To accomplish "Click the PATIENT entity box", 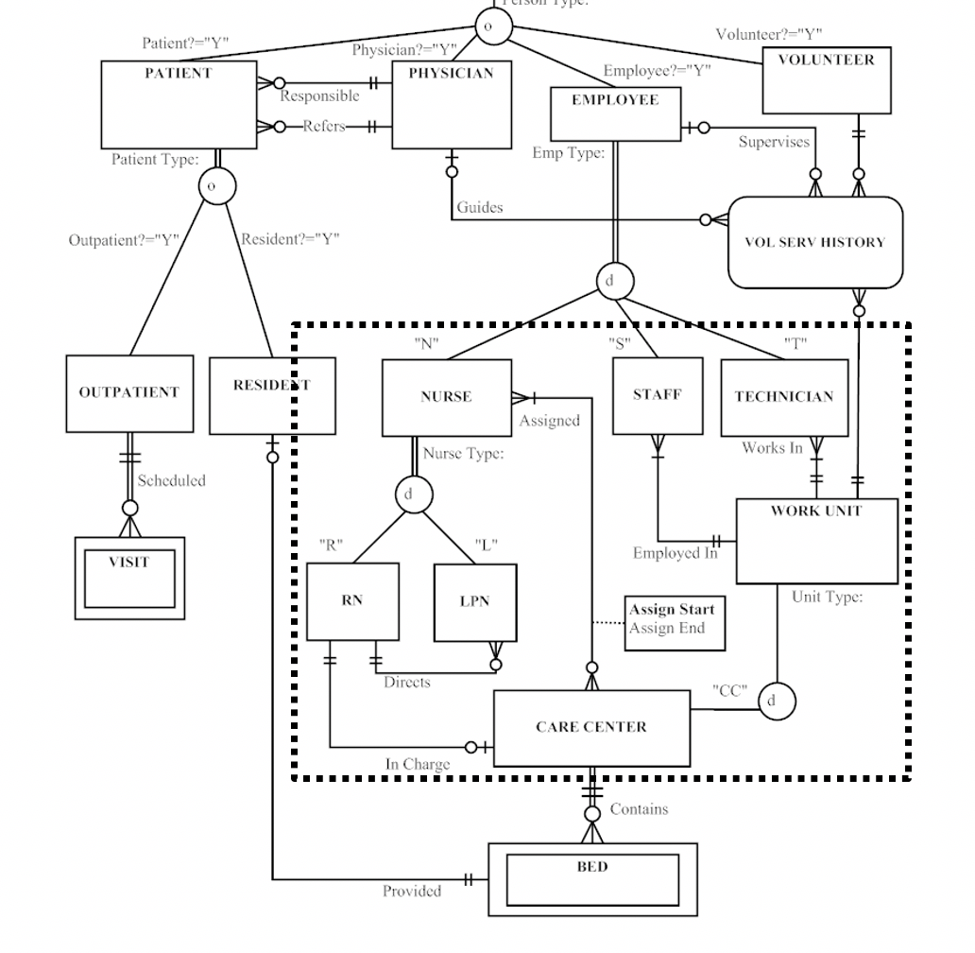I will pos(179,104).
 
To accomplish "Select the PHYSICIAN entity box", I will pos(451,105).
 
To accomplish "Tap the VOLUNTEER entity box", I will pos(826,80).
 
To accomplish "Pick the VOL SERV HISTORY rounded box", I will pos(814,242).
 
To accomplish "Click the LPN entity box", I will pos(475,602).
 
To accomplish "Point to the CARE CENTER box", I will pos(591,727).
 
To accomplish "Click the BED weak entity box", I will pos(592,879).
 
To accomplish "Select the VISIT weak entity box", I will pos(129,578).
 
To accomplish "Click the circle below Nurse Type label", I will pos(413,494).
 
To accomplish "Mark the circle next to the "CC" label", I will pos(776,702).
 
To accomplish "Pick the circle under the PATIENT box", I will pos(216,186).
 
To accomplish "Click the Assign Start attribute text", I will pos(672,610).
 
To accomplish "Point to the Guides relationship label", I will pos(480,207).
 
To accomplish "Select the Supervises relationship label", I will pos(774,142).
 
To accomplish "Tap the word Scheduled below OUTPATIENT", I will pos(171,480).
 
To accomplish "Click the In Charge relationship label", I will pos(418,764).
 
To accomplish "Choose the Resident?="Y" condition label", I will pos(290,238).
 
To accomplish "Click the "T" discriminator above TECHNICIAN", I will pos(795,343).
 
